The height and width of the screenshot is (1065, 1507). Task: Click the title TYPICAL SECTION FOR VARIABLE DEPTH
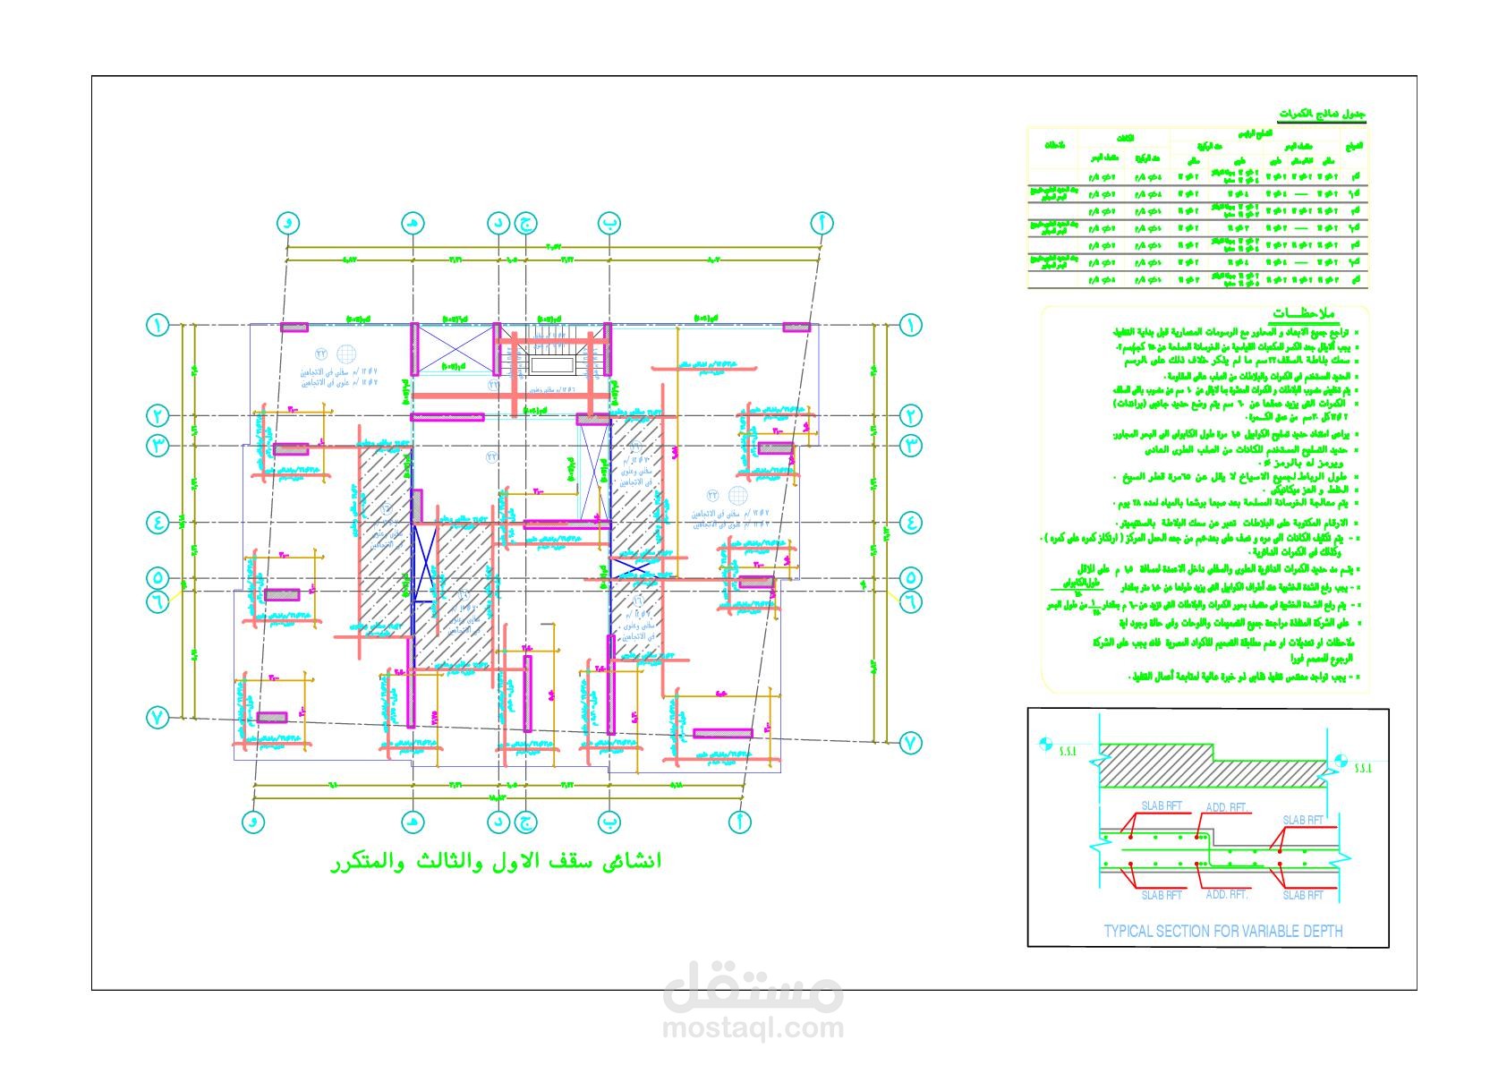(x=1222, y=931)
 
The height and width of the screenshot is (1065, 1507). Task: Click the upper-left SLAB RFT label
(x=1161, y=805)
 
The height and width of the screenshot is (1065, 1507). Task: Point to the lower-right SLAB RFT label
(x=1303, y=895)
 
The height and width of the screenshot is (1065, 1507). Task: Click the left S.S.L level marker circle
(x=1044, y=743)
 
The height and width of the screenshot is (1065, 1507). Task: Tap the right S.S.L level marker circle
(x=1341, y=761)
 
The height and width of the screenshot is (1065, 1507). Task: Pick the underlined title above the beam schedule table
(x=1322, y=115)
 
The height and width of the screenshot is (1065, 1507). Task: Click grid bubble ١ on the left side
(x=158, y=325)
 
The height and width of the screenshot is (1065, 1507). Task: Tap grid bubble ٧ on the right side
(x=911, y=742)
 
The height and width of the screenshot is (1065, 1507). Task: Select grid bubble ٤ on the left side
(x=158, y=522)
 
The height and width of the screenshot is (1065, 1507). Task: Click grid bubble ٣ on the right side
(x=911, y=444)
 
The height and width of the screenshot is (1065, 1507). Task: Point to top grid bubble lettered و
(x=286, y=223)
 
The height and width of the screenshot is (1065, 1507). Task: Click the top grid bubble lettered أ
(x=822, y=222)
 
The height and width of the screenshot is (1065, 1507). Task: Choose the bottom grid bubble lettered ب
(x=609, y=821)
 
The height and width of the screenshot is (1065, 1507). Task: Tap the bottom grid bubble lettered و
(x=254, y=821)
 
